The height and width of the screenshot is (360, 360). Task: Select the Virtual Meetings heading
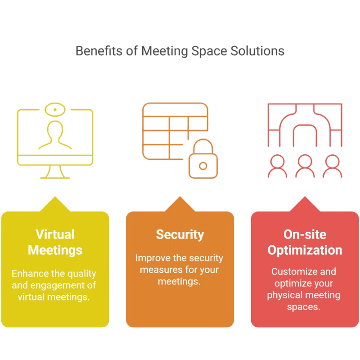pos(55,242)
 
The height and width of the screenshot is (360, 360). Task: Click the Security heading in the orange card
pos(180,234)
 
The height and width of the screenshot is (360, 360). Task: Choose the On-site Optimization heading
pos(305,242)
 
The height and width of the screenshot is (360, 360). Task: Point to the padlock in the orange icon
pos(203,162)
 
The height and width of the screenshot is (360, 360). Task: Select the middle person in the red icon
pos(305,166)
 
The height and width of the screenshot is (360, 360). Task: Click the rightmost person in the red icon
pos(332,166)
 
